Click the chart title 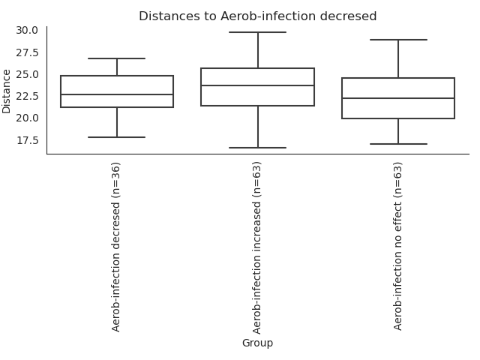[257, 16]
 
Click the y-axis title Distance [7, 91]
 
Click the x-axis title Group [257, 343]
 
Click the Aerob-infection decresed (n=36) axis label [116, 246]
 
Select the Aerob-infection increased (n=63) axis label [257, 247]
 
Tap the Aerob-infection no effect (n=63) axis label [398, 245]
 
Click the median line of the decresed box [117, 94]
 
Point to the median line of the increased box [257, 85]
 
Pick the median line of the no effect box [398, 98]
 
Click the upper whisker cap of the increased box [257, 32]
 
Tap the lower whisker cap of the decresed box [117, 137]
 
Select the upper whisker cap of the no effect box [398, 40]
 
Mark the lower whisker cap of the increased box [257, 148]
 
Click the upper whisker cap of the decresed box [117, 58]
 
